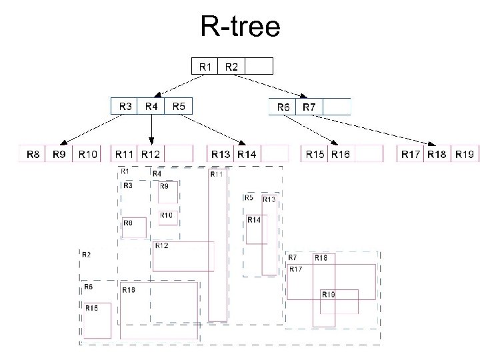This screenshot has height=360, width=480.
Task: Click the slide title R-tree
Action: click(x=240, y=26)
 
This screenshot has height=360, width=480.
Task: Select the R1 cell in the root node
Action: click(x=205, y=66)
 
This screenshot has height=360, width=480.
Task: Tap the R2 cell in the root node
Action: click(x=231, y=66)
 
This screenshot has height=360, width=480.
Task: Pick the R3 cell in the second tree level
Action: click(x=125, y=107)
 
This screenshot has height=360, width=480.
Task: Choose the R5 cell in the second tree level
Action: click(x=178, y=107)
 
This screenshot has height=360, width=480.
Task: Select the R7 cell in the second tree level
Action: click(x=309, y=107)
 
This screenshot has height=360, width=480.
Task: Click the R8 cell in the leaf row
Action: click(x=32, y=154)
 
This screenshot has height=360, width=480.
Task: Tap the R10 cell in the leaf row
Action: click(x=87, y=154)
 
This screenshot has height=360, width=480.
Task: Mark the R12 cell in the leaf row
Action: click(x=151, y=154)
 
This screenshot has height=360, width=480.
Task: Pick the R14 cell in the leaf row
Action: click(x=247, y=154)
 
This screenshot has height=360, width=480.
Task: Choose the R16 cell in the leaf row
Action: click(x=341, y=154)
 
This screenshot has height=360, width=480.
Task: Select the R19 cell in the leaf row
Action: click(x=465, y=154)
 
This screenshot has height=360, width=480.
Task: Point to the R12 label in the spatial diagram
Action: click(x=161, y=246)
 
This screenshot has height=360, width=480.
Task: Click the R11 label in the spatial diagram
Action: click(x=217, y=175)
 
